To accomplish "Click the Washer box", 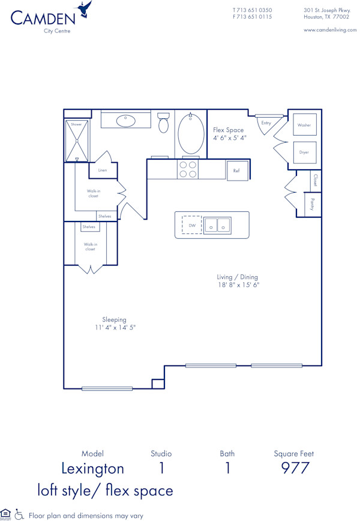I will [304, 125].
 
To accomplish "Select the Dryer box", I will [304, 152].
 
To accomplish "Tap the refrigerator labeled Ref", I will [236, 170].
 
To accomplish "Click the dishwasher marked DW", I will [192, 225].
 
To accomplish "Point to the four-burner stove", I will [188, 169].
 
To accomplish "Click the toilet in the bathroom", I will [163, 123].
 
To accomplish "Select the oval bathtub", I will [191, 134].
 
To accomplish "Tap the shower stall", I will [77, 141].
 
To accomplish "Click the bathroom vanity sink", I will [125, 120].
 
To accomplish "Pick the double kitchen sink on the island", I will [218, 225].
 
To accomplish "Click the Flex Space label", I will [229, 130].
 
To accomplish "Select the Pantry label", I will [312, 204].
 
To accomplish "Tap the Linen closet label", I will [103, 170].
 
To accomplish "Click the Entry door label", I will [266, 123].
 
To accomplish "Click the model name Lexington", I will [93, 468].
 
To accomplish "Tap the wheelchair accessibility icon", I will [20, 514].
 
